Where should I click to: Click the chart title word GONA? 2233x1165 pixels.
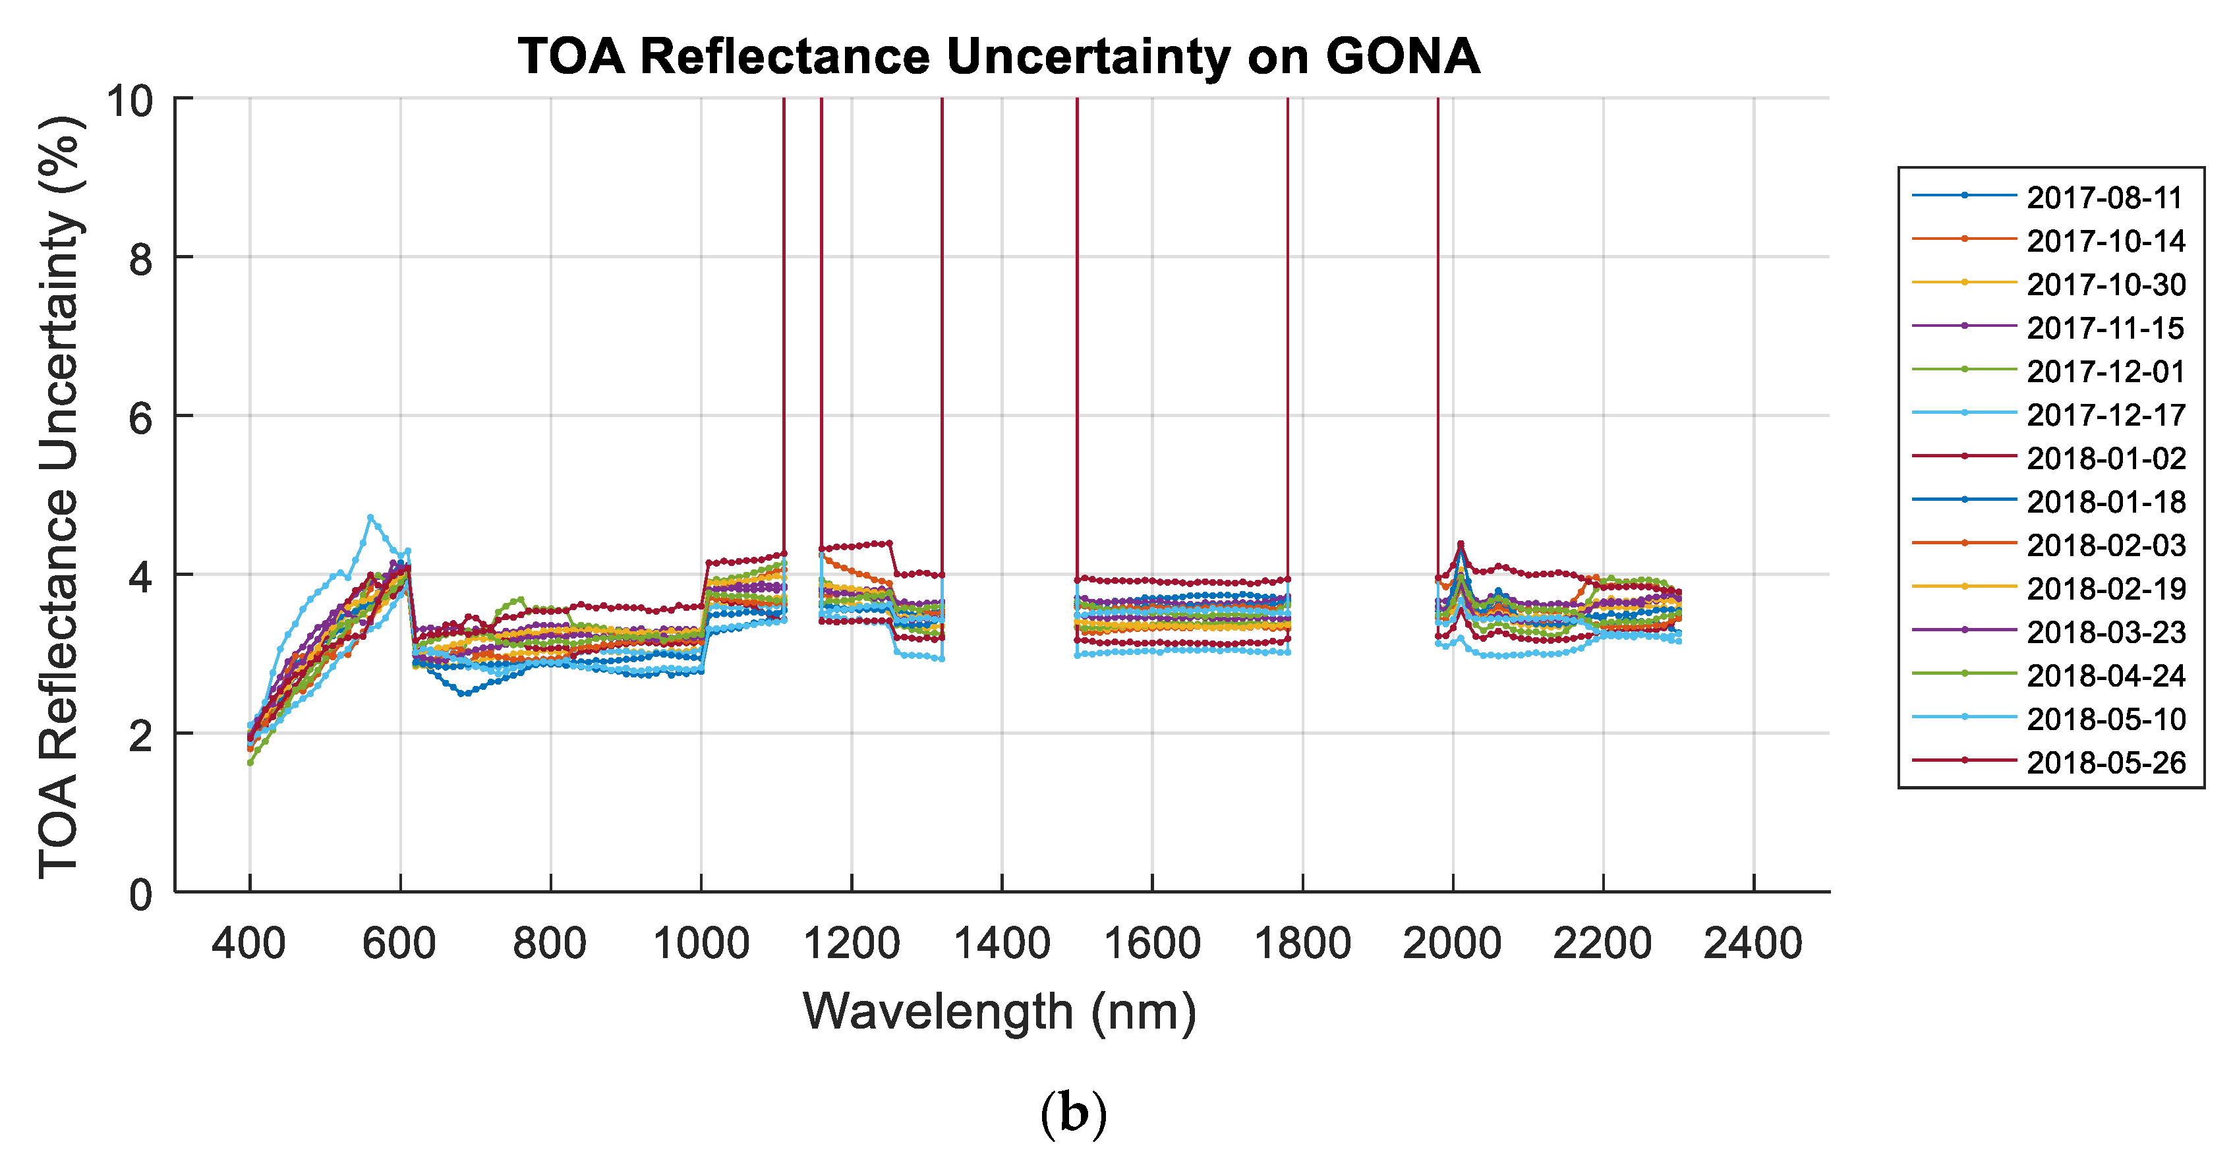pos(1402,57)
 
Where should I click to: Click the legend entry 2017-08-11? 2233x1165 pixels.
pos(2104,198)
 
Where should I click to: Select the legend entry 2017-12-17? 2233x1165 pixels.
pos(2104,415)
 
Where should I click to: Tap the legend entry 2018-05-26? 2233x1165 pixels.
pos(2104,763)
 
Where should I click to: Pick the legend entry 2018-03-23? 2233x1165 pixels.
pos(2104,633)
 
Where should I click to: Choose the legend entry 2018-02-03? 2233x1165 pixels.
pos(2104,545)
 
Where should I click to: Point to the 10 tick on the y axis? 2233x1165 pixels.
pos(129,101)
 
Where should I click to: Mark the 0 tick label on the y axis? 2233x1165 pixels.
pos(140,895)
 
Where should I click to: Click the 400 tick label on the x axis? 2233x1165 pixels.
pos(248,943)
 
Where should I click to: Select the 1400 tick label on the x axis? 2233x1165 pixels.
pos(1001,943)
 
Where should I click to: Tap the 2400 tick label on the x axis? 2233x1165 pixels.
pos(1753,943)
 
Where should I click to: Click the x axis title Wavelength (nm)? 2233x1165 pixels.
pos(999,1011)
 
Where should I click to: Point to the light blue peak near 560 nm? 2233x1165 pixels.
pos(370,517)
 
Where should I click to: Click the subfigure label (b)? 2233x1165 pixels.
pos(1073,1114)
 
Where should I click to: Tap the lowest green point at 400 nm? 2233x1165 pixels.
pos(250,763)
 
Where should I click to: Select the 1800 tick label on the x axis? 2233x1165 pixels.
pos(1302,943)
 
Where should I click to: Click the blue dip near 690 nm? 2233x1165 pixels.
pos(464,693)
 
